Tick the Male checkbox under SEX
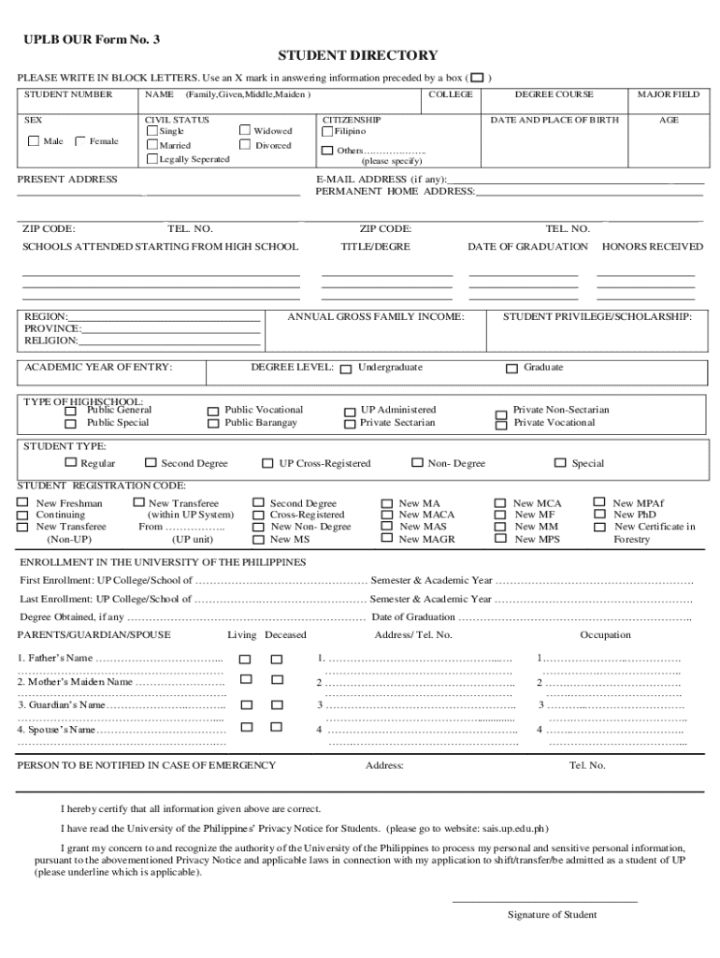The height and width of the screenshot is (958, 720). pos(35,141)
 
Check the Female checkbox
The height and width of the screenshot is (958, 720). pos(79,141)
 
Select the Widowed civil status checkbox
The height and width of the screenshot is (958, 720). pos(246,131)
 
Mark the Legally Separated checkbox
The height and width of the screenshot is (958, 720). pos(151,159)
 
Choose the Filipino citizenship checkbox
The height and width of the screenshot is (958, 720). pos(327,131)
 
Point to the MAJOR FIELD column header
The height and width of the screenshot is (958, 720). pos(668,94)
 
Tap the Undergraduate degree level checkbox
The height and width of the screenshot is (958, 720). pos(346,369)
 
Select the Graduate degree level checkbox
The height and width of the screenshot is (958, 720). pos(511,369)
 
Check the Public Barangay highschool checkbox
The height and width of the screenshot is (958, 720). pos(212,424)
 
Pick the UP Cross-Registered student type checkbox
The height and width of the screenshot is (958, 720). pos(267,463)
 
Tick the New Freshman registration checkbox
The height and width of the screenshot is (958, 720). pos(22,503)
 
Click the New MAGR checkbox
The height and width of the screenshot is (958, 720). pos(386,539)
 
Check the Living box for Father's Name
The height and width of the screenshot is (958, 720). pos(245,659)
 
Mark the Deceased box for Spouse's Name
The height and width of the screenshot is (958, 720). pos(277,728)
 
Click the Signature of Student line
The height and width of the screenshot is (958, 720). pos(545,902)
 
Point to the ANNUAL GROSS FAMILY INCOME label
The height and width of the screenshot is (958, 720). pos(375,317)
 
